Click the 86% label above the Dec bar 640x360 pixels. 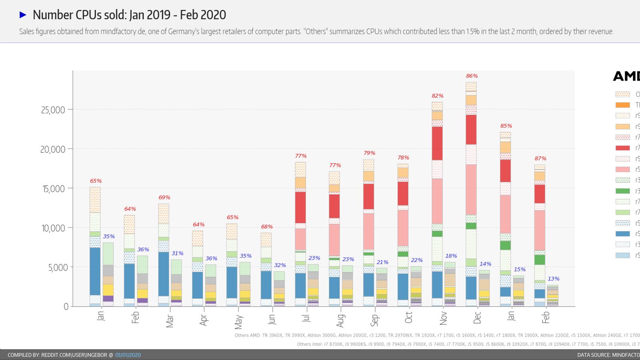click(472, 76)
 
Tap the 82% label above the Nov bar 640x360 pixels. click(437, 96)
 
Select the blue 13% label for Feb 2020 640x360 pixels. click(554, 279)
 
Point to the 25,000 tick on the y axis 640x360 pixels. click(53, 110)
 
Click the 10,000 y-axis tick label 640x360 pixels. click(53, 228)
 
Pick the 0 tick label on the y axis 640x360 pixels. click(66, 307)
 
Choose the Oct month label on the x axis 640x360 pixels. click(408, 318)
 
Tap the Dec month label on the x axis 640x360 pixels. click(477, 318)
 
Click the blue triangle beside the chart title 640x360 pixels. click(23, 15)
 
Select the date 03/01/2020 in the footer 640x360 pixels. click(128, 355)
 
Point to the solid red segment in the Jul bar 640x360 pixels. click(300, 207)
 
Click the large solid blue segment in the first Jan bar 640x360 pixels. click(95, 271)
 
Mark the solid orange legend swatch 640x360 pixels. click(622, 105)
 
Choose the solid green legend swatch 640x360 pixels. click(622, 191)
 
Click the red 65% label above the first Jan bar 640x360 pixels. click(96, 181)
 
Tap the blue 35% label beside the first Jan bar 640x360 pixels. click(109, 237)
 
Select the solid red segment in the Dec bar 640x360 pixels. click(471, 130)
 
